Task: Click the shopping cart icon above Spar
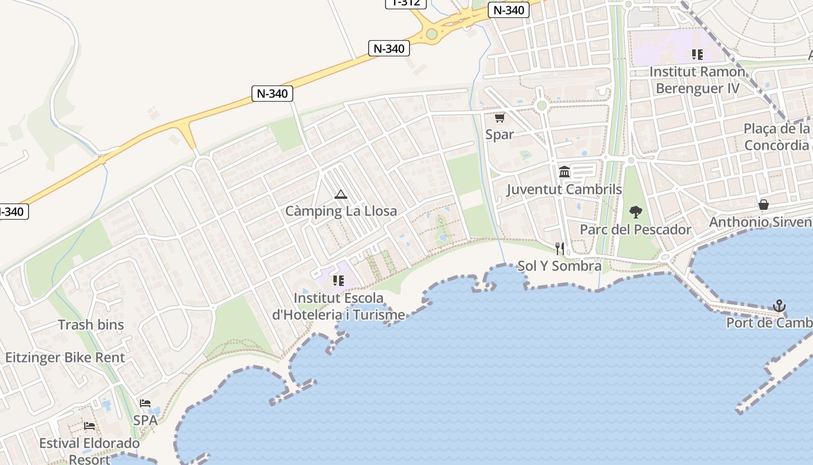pyautogui.click(x=499, y=117)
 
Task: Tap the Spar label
pyautogui.click(x=499, y=134)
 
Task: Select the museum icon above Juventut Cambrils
pyautogui.click(x=564, y=171)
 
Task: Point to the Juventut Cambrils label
pyautogui.click(x=564, y=189)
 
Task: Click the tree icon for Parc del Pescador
pyautogui.click(x=636, y=212)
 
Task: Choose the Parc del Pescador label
pyautogui.click(x=636, y=230)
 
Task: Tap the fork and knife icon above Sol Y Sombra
pyautogui.click(x=560, y=249)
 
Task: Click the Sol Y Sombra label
pyautogui.click(x=559, y=266)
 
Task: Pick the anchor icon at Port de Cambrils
pyautogui.click(x=779, y=306)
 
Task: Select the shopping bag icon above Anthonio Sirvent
pyautogui.click(x=764, y=205)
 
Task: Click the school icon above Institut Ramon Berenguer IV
pyautogui.click(x=697, y=55)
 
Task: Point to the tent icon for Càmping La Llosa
pyautogui.click(x=341, y=194)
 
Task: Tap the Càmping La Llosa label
pyautogui.click(x=341, y=211)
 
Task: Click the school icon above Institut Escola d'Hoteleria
pyautogui.click(x=339, y=281)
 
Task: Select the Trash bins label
pyautogui.click(x=91, y=324)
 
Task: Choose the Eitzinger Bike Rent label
pyautogui.click(x=65, y=357)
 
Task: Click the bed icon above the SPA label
pyautogui.click(x=145, y=403)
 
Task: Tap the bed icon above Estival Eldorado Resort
pyautogui.click(x=89, y=426)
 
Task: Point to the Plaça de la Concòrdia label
pyautogui.click(x=777, y=137)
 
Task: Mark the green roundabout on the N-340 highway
pyautogui.click(x=431, y=34)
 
